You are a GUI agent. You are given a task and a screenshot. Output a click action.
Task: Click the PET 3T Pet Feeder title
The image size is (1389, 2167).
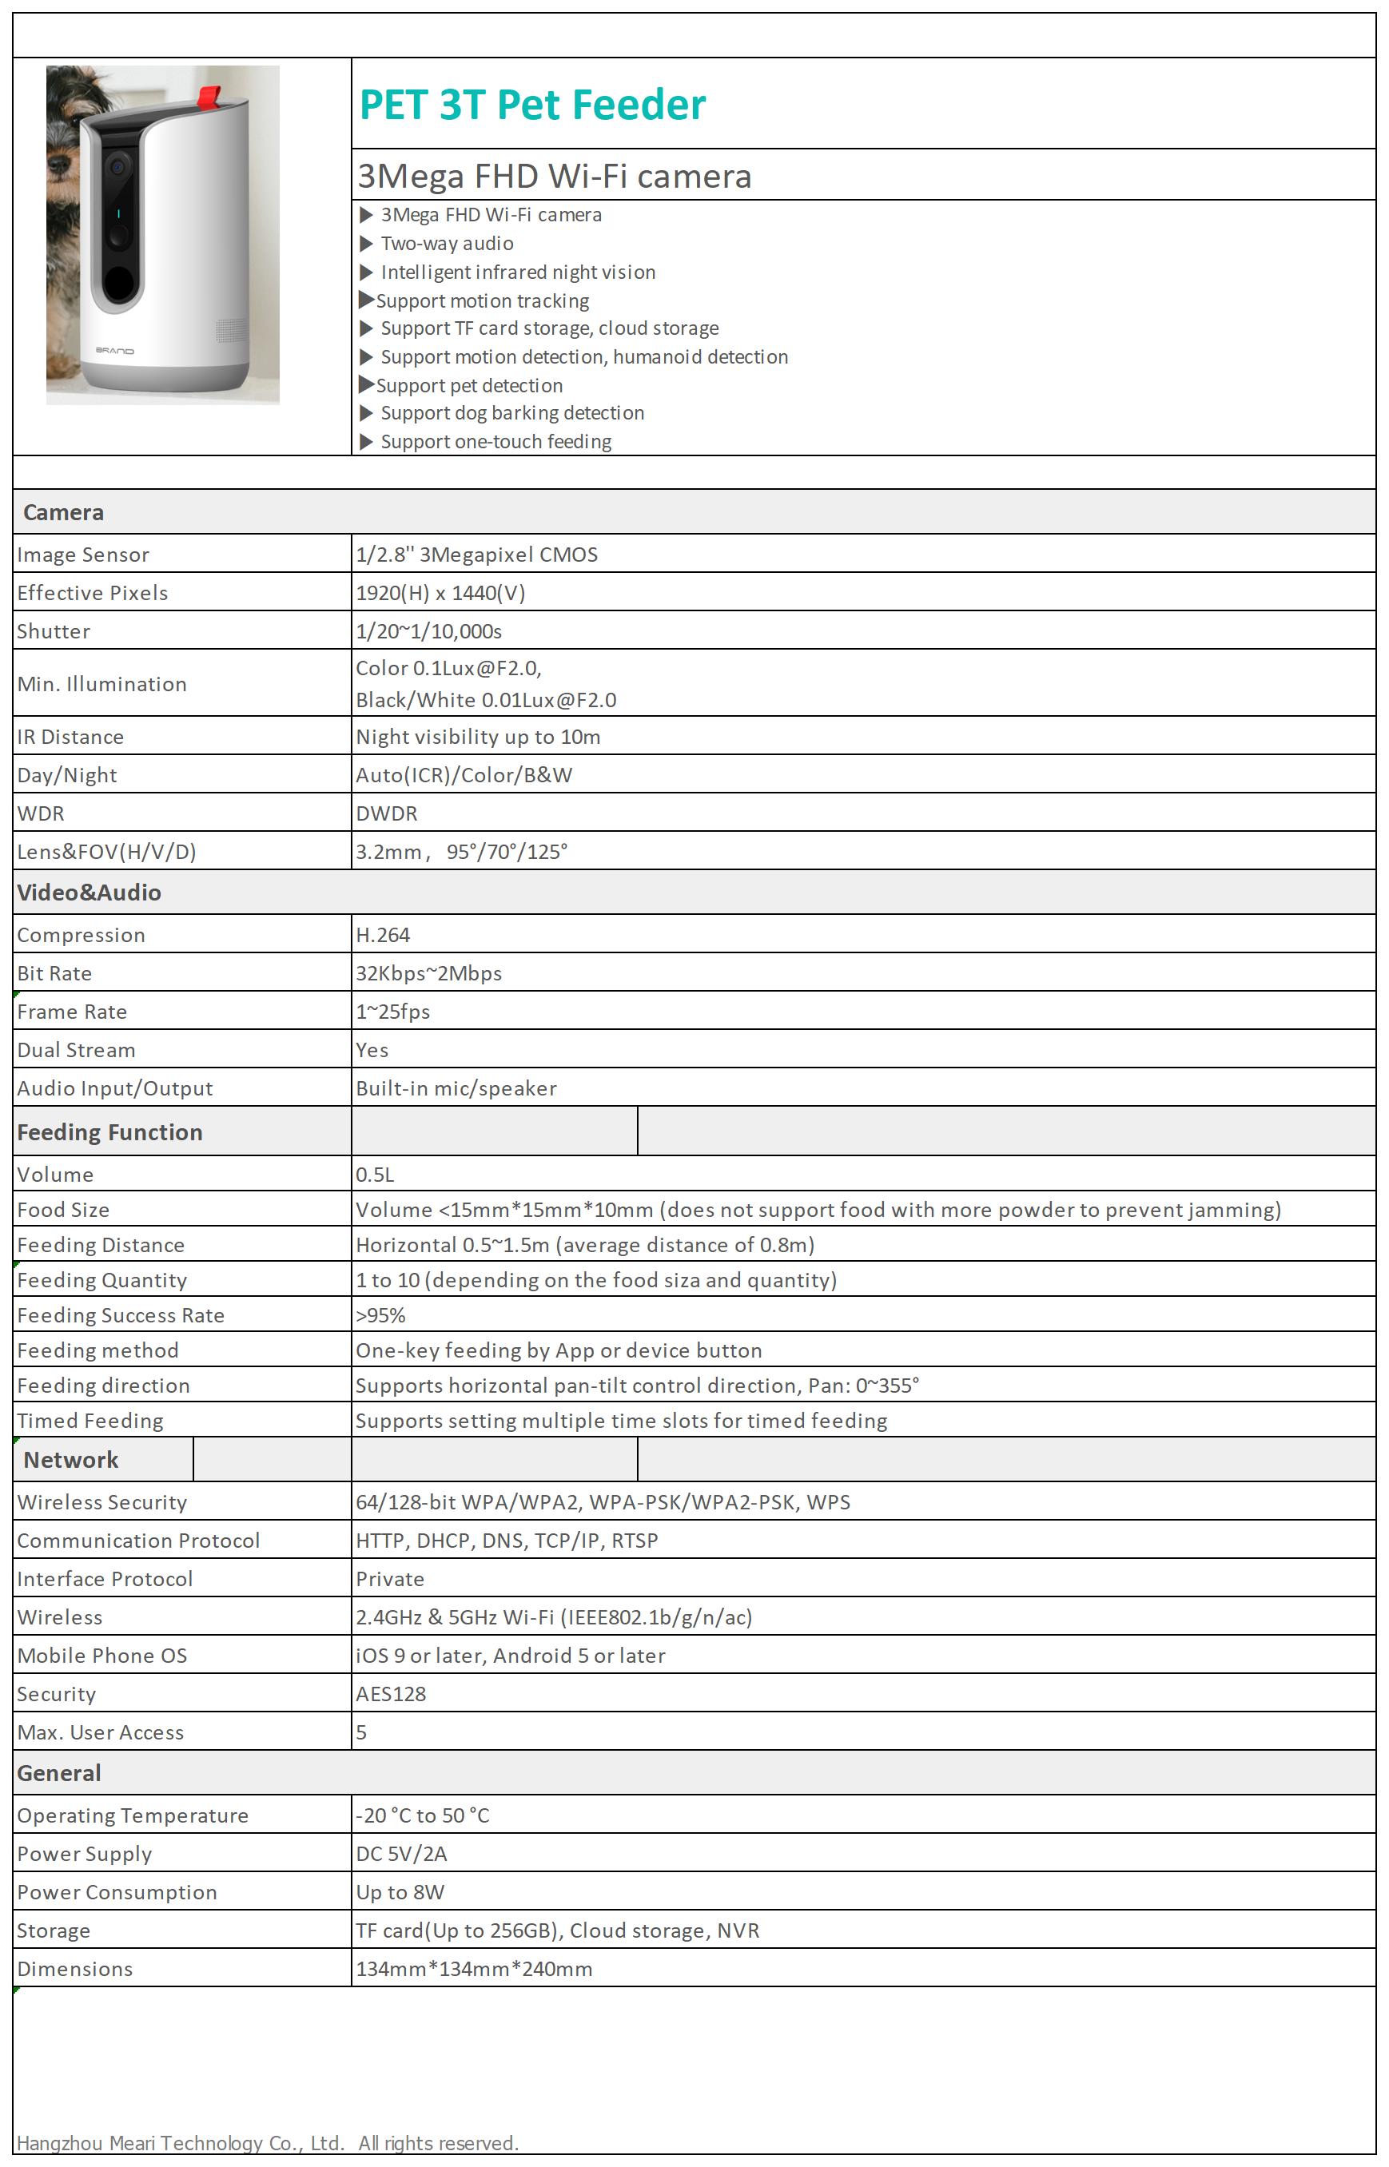tap(532, 105)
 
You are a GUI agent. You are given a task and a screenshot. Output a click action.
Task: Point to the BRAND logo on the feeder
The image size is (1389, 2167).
tap(114, 351)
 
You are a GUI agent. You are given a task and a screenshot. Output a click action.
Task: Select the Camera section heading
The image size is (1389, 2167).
tap(63, 512)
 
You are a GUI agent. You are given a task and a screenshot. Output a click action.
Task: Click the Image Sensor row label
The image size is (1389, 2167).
tap(83, 555)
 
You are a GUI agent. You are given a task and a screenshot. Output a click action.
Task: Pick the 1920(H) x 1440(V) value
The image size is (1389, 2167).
tap(440, 592)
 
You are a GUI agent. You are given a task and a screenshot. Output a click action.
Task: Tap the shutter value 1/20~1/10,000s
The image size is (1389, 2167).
tap(428, 631)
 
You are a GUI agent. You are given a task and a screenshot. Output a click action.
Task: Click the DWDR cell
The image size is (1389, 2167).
tap(386, 813)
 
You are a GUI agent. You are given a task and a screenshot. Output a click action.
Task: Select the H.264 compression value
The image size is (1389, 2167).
tap(383, 935)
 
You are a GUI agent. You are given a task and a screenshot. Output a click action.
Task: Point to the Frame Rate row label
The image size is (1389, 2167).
tap(72, 1012)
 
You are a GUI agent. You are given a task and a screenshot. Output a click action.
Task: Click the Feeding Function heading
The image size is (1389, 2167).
tap(110, 1133)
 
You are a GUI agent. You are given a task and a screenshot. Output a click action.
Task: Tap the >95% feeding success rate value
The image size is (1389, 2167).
tap(380, 1316)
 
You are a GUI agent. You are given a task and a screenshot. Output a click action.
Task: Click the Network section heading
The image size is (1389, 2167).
tap(70, 1460)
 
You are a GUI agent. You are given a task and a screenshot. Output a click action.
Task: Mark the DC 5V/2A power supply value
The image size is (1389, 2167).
tap(401, 1853)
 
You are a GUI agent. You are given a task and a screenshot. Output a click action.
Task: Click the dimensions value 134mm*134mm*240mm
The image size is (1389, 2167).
tap(473, 1969)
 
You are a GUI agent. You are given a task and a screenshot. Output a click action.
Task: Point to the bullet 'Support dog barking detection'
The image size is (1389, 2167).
tap(511, 413)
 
